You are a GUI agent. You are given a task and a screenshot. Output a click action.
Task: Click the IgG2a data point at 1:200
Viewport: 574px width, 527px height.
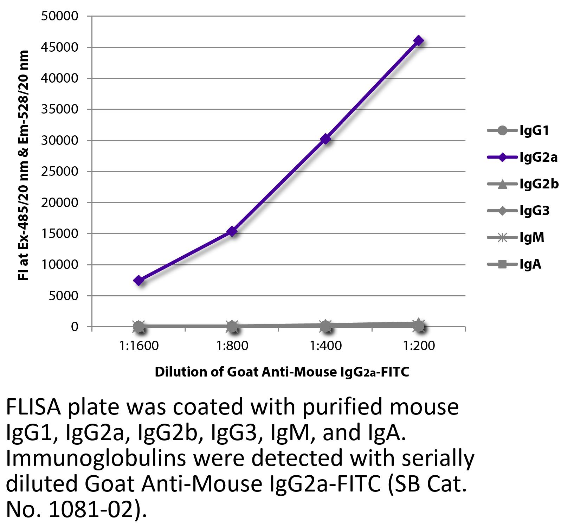(418, 41)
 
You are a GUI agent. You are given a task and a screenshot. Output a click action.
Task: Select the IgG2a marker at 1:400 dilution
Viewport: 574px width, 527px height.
(325, 139)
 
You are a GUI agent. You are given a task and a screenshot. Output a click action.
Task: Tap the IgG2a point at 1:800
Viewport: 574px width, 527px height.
(232, 231)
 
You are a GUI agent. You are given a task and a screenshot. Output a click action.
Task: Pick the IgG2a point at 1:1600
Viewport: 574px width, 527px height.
(139, 280)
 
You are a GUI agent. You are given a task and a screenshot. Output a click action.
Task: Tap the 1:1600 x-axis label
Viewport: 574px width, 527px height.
(139, 346)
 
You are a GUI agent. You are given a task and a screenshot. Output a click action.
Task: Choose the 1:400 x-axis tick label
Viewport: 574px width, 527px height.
(325, 346)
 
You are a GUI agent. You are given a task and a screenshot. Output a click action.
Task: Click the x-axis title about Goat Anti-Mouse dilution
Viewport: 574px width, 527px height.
(282, 372)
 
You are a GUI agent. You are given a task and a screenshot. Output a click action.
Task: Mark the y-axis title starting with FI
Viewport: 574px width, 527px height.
(23, 165)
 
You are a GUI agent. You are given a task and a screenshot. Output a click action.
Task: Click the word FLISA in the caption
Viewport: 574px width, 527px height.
(34, 407)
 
